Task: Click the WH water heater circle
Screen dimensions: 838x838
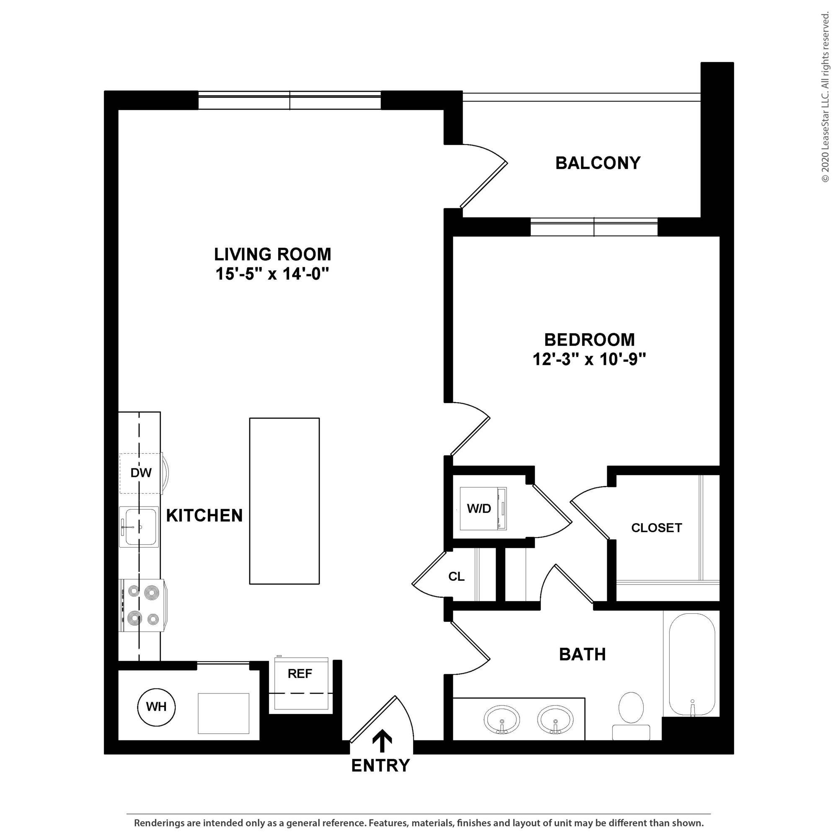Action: [156, 707]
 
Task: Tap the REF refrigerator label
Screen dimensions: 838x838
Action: [300, 674]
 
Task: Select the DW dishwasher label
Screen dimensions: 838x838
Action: [141, 473]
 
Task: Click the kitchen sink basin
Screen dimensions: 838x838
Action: [140, 527]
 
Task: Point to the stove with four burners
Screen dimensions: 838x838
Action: [142, 605]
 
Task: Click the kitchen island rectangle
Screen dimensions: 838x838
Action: [284, 501]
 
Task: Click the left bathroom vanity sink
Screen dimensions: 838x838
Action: [502, 719]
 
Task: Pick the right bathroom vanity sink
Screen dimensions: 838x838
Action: [555, 719]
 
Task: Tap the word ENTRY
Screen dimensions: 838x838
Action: [380, 766]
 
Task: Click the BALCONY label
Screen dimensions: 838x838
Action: [598, 163]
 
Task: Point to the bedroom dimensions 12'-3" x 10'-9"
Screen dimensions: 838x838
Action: [589, 360]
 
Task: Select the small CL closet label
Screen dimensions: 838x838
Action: [456, 577]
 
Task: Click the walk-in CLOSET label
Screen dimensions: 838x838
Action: [656, 528]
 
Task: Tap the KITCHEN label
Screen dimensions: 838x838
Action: [204, 516]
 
